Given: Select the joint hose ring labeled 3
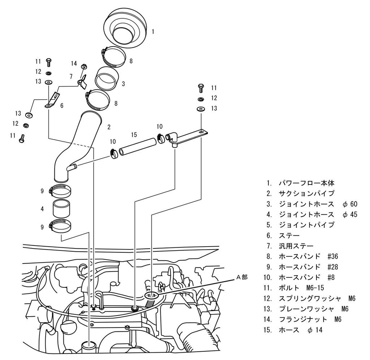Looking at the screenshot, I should [107, 79].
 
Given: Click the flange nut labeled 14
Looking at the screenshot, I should [84, 67].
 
